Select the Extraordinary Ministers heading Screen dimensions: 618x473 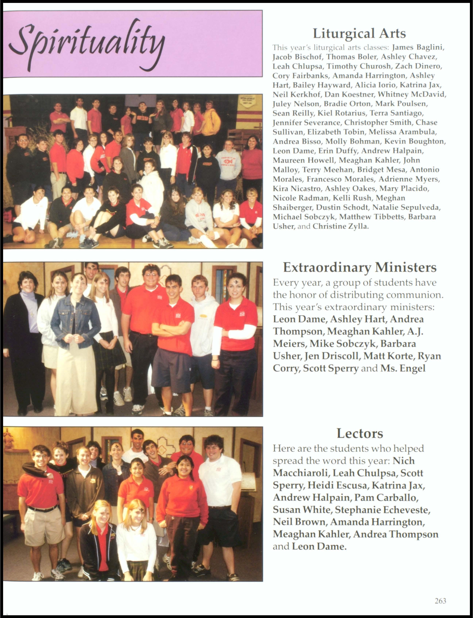360,267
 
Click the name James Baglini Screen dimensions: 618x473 418,47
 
